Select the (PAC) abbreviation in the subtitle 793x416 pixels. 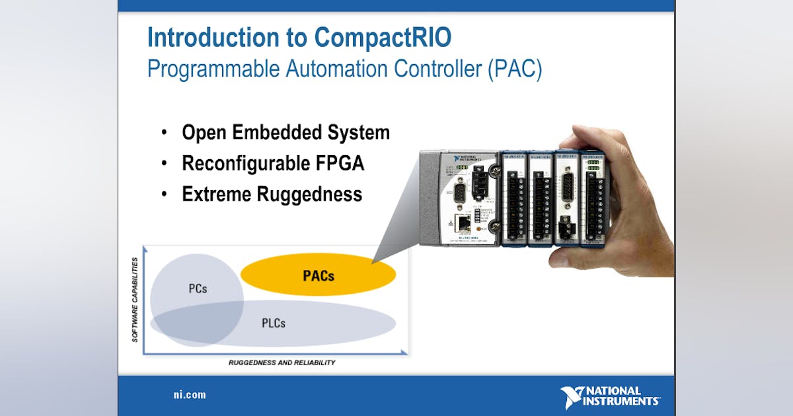(x=515, y=69)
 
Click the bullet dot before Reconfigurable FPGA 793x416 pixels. (x=164, y=164)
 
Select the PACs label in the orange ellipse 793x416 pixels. (x=319, y=275)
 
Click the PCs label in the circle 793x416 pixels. (x=198, y=289)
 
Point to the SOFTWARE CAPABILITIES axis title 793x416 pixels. (x=135, y=300)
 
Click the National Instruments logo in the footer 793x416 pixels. (x=609, y=397)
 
